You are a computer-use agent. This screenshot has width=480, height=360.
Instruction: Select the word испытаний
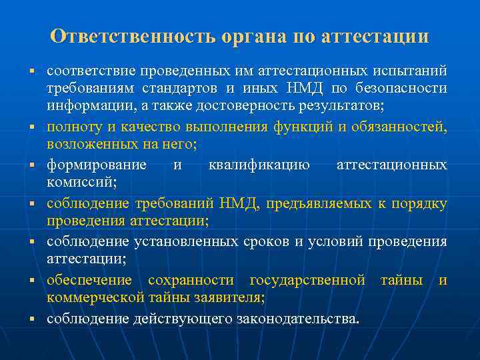(x=415, y=70)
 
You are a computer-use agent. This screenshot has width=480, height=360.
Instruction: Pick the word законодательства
(x=297, y=319)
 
